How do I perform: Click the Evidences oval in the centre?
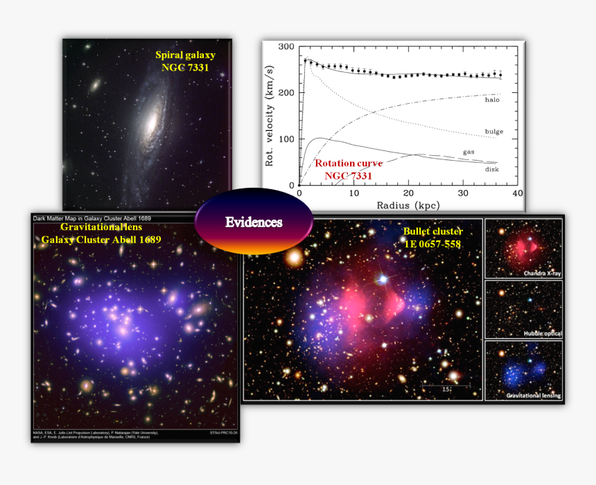[253, 222]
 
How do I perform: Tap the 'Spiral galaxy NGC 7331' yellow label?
[185, 61]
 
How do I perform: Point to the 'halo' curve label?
[492, 100]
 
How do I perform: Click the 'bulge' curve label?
[494, 132]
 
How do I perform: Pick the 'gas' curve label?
[468, 152]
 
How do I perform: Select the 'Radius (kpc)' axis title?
[407, 205]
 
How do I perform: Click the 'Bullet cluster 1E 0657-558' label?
[432, 237]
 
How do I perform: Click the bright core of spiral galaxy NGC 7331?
[149, 122]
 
